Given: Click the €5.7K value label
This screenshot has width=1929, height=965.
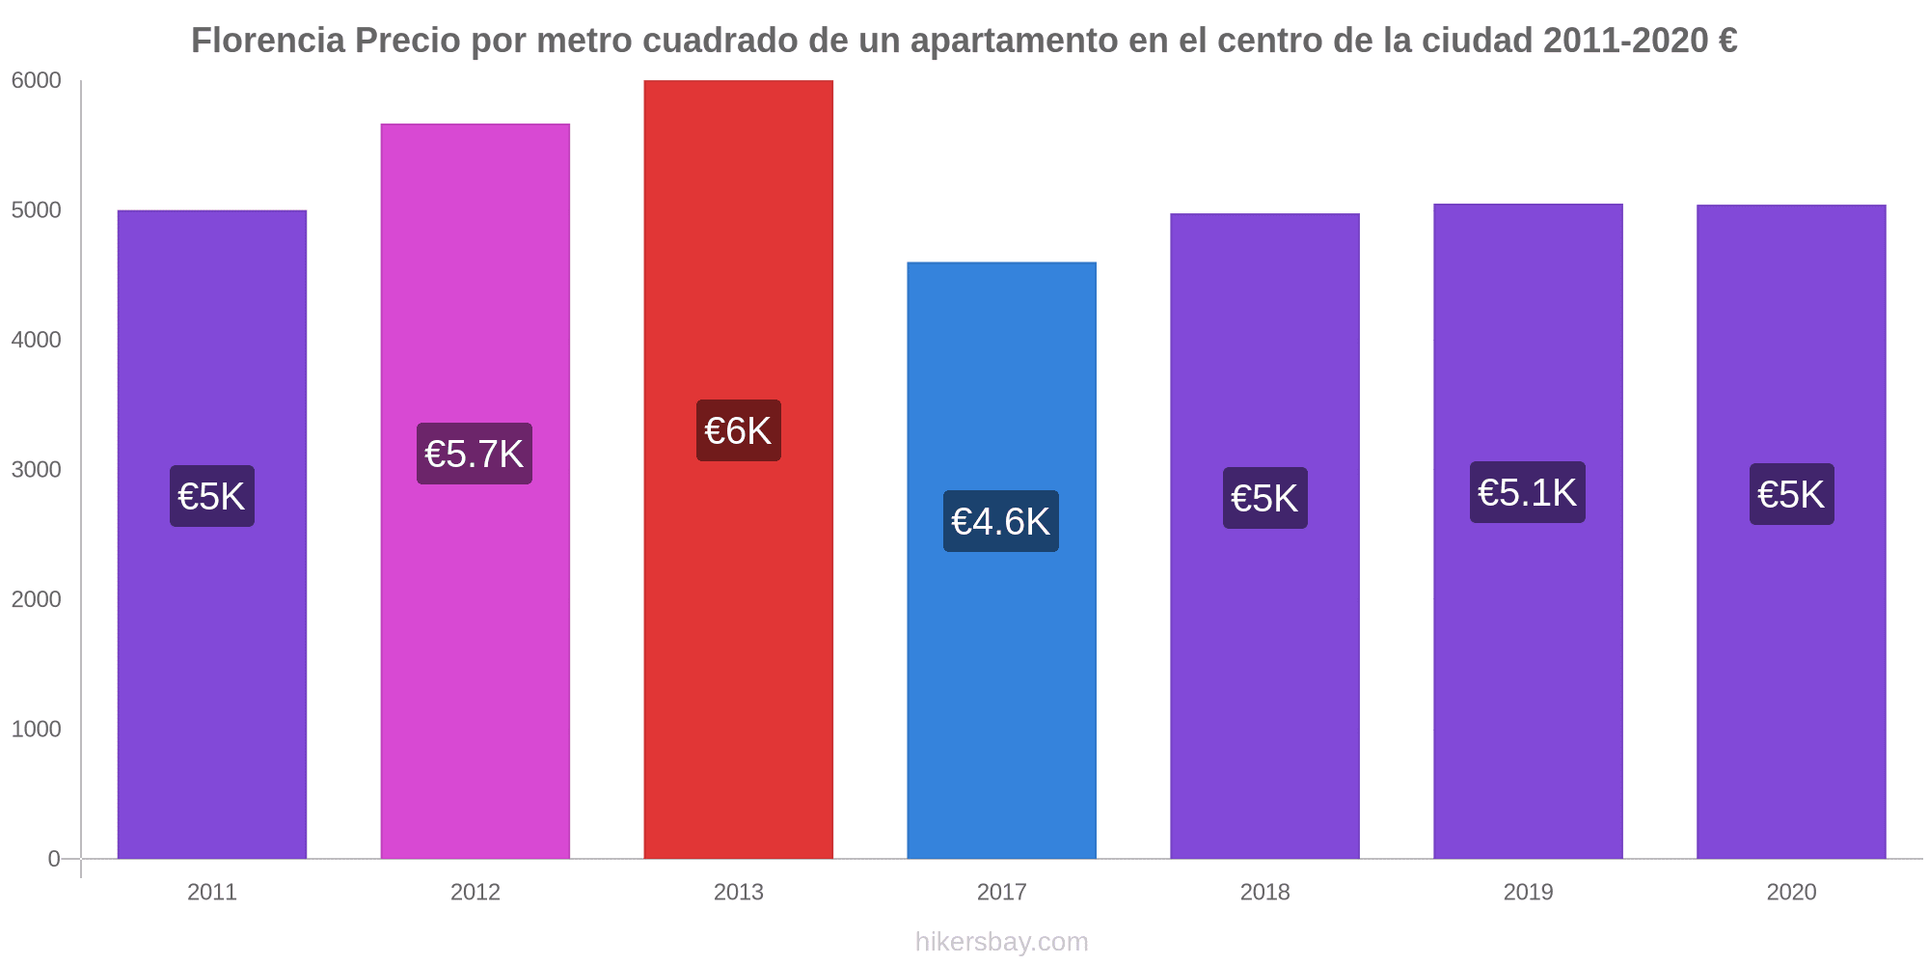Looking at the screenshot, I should pyautogui.click(x=475, y=454).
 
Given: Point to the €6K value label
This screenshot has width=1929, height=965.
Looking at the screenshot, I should pyautogui.click(x=738, y=430).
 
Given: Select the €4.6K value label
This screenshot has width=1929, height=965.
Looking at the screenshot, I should pyautogui.click(x=1000, y=521).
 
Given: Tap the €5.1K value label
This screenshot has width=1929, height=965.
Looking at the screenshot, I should pyautogui.click(x=1527, y=492).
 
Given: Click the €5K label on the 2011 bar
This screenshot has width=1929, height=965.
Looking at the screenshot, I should pyautogui.click(x=212, y=496).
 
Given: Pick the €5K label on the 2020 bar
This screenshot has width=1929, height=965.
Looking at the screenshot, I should pyautogui.click(x=1791, y=494).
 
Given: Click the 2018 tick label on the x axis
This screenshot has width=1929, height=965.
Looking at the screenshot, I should pyautogui.click(x=1264, y=892).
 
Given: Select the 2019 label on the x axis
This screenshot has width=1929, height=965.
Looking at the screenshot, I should pyautogui.click(x=1528, y=892).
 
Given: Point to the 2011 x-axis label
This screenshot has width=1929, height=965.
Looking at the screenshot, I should pyautogui.click(x=212, y=892).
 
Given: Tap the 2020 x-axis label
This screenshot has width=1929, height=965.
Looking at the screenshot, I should pyautogui.click(x=1791, y=892).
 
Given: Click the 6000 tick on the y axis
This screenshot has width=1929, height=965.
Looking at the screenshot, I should pyautogui.click(x=36, y=81).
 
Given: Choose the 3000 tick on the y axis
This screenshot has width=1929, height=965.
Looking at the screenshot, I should pyautogui.click(x=36, y=470).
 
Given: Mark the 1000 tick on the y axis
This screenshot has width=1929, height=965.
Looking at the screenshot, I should pyautogui.click(x=36, y=730).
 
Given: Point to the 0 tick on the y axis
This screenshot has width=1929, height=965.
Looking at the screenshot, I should pyautogui.click(x=54, y=859).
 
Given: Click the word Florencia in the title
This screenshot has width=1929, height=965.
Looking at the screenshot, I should pyautogui.click(x=267, y=41).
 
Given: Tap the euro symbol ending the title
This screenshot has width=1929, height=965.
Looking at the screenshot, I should pyautogui.click(x=1726, y=41).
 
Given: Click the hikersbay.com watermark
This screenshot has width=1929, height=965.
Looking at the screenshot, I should pyautogui.click(x=1001, y=942).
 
